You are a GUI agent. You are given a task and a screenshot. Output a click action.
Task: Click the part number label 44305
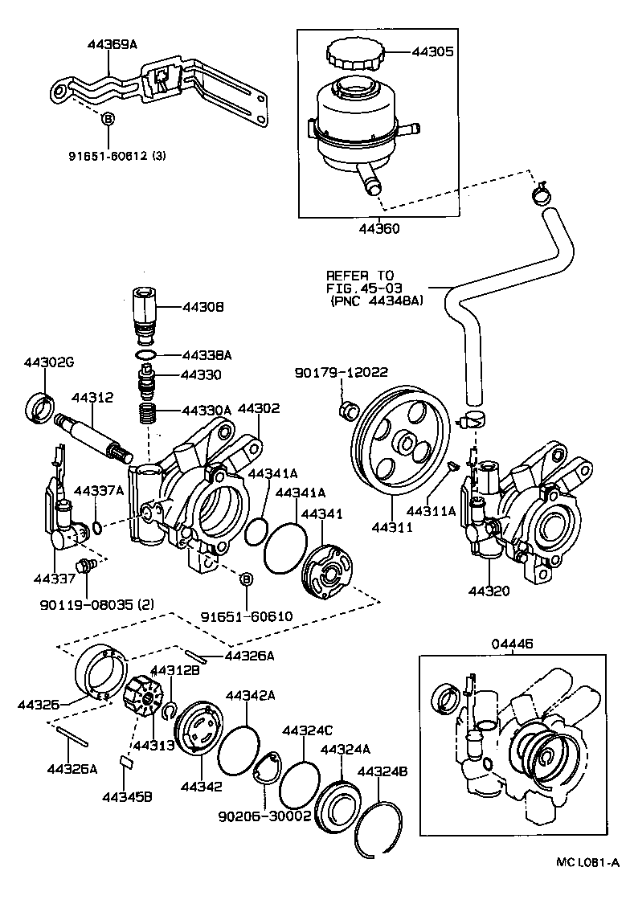point(433,52)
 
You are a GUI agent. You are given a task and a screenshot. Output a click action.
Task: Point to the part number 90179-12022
point(342,372)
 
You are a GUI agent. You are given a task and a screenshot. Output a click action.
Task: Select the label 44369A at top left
point(112,44)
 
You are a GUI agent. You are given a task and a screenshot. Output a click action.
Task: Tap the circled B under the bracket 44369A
point(106,119)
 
